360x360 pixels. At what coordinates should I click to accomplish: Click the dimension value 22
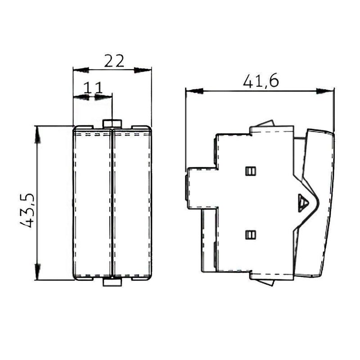pos(114,61)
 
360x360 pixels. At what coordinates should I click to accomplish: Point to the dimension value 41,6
pos(261,81)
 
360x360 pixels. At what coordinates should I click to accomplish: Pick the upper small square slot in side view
pos(251,171)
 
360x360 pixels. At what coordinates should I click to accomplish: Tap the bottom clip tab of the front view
pos(112,282)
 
